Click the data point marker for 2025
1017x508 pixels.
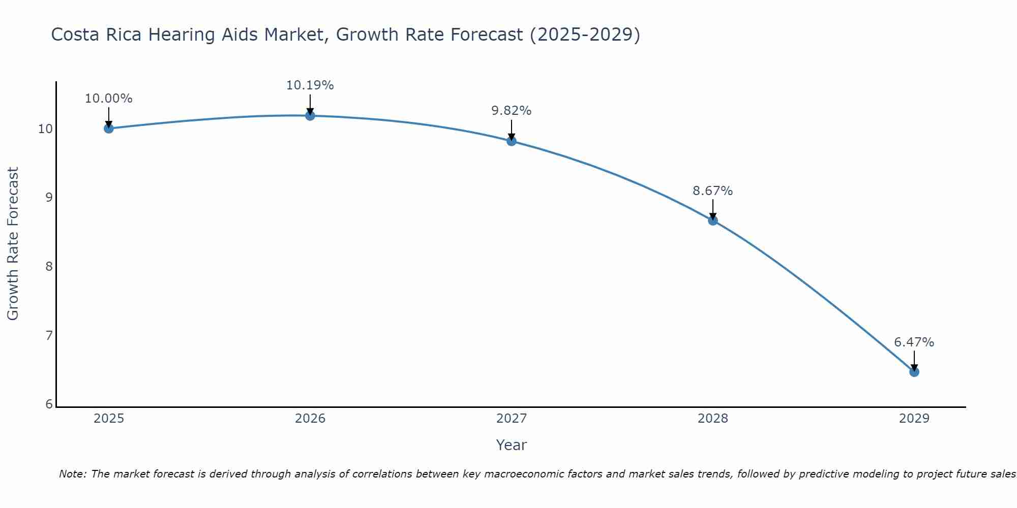[108, 129]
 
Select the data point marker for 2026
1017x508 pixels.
[310, 116]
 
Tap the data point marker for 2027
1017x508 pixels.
[511, 141]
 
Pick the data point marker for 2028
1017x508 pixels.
[712, 220]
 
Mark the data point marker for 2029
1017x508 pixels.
[914, 372]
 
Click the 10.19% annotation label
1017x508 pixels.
[310, 85]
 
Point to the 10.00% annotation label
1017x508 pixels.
[108, 99]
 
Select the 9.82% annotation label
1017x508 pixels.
[511, 111]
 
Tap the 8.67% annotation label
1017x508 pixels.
[712, 191]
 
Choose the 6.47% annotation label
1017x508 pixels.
[914, 342]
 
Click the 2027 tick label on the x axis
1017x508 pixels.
[511, 419]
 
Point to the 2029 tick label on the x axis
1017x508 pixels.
[914, 419]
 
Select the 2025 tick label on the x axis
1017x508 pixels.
[109, 419]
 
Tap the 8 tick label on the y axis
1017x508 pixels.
[49, 266]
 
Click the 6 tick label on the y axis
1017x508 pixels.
[49, 404]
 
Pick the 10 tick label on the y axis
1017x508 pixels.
[45, 129]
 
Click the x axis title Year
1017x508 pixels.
[511, 445]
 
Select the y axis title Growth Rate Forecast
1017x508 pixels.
[13, 244]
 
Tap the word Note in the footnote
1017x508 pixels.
[73, 474]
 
